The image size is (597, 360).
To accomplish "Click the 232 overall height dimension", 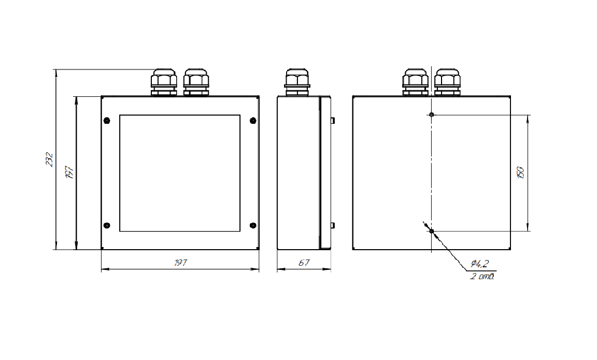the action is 50,160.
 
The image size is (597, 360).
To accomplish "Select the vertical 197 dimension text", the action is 69,172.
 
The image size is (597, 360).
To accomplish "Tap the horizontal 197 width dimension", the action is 180,263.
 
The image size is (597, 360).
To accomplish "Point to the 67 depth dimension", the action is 304,263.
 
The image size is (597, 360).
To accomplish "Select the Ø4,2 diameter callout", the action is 480,263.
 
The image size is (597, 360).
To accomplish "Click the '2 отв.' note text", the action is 482,276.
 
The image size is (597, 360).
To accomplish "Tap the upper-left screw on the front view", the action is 107,121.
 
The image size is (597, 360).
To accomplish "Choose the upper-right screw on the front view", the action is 253,121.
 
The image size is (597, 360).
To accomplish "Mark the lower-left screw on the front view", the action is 107,225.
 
